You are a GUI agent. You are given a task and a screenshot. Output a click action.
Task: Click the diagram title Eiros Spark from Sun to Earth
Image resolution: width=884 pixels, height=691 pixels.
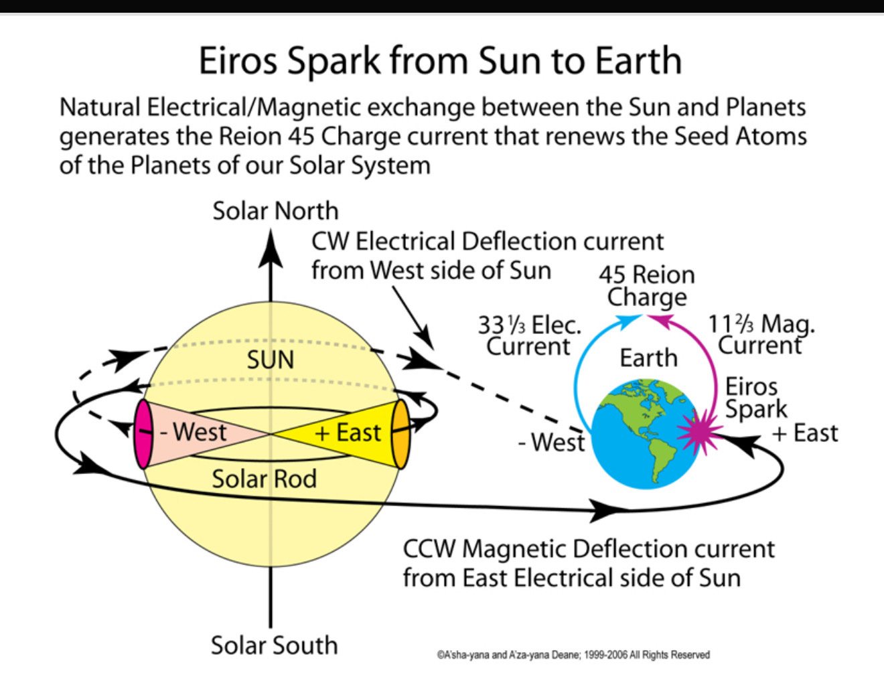pos(440,61)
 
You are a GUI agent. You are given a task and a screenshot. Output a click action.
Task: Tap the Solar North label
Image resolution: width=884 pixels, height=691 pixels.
pos(275,211)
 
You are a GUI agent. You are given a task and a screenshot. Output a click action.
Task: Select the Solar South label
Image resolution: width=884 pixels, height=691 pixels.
pos(274,645)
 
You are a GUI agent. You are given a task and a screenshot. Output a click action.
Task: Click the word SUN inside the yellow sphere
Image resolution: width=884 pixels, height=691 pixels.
pos(271,360)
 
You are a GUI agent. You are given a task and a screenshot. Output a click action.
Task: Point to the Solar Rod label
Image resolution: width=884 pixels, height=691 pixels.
pos(264,479)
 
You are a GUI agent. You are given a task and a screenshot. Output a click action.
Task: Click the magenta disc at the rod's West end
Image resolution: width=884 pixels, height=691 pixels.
pos(143,435)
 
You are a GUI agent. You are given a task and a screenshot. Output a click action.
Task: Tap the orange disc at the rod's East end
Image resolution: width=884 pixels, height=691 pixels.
pos(400,435)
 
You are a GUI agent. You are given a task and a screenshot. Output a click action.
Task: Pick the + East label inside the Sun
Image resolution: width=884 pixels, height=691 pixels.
pos(348,433)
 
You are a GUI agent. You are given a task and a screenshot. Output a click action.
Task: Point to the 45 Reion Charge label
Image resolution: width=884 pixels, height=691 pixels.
pos(647,285)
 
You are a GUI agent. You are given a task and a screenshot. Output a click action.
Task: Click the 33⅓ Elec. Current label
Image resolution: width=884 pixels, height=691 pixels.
pos(529,335)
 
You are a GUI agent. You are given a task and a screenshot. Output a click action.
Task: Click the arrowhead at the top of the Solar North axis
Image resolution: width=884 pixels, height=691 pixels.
pos(271,248)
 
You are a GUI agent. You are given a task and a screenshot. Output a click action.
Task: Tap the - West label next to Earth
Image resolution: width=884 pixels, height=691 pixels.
pos(552,442)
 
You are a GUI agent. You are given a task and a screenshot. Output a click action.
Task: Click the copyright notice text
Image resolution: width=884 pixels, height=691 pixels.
pos(574,655)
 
